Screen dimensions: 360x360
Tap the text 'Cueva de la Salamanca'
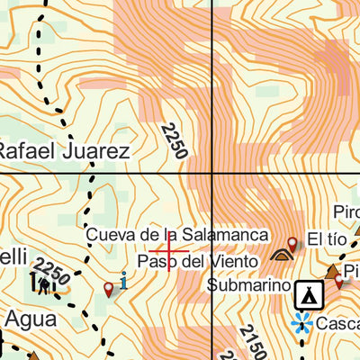pos(177,234)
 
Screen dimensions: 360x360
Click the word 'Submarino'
pos(247,286)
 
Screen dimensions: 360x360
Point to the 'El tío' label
pos(326,239)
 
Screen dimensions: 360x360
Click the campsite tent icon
pos(309,292)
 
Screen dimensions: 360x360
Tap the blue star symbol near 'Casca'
pos(301,322)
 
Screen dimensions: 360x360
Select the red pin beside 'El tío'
pos(292,243)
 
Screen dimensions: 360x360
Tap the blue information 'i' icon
pos(123,281)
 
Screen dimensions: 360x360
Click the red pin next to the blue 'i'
pos(109,289)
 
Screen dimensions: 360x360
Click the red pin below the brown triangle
pos(338,281)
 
